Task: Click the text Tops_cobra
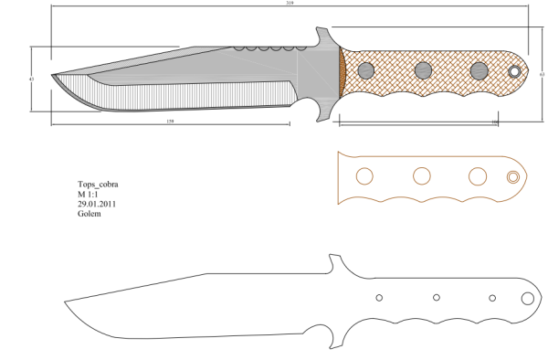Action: point(97,185)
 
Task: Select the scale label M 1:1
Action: point(89,195)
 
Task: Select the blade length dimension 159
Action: point(171,122)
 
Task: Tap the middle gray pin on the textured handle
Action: point(423,70)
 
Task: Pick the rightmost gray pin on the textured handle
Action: point(479,70)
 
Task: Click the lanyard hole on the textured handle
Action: point(515,71)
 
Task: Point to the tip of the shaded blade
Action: point(53,76)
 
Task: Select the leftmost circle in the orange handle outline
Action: point(364,176)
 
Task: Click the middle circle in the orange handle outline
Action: point(422,176)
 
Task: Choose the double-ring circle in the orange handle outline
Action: point(514,176)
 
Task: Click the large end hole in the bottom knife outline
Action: point(527,299)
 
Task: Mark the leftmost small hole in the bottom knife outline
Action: point(380,297)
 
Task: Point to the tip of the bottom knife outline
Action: point(64,302)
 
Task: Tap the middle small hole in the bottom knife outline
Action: point(437,298)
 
